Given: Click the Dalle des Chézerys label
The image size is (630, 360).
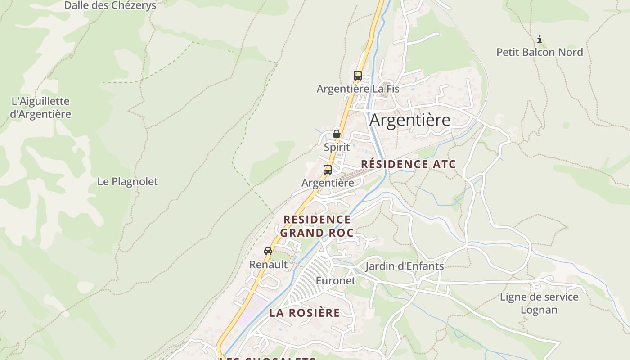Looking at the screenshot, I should (x=110, y=6).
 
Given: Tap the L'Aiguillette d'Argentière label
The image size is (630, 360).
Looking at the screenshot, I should (x=40, y=108).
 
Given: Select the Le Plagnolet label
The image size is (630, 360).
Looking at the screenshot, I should (x=128, y=181).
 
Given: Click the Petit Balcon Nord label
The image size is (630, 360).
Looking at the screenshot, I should (x=540, y=52).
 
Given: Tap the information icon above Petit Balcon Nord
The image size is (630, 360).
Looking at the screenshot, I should (x=540, y=40).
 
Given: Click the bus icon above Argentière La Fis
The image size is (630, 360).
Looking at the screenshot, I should (x=358, y=76).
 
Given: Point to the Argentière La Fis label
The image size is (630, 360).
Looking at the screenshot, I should (x=358, y=89).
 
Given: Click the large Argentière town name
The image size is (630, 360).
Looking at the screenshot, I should (x=410, y=120).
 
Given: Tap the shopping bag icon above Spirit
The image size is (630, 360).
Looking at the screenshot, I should (x=337, y=134).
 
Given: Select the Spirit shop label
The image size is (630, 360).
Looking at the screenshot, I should (x=337, y=147).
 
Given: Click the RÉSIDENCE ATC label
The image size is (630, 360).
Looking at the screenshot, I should (x=409, y=164).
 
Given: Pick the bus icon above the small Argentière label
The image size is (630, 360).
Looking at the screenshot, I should (x=328, y=170).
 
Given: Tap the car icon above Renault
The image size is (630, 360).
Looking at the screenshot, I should (x=268, y=251).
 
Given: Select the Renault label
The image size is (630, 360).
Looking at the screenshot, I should (x=268, y=265).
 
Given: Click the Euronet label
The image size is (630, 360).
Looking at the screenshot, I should (x=336, y=281).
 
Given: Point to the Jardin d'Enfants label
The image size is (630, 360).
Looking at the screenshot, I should (x=405, y=266).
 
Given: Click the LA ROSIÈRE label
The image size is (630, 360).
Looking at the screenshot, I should (x=305, y=313).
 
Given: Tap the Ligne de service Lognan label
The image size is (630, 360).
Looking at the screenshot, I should (x=539, y=303).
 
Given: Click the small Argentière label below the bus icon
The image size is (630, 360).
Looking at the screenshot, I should (x=328, y=183).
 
